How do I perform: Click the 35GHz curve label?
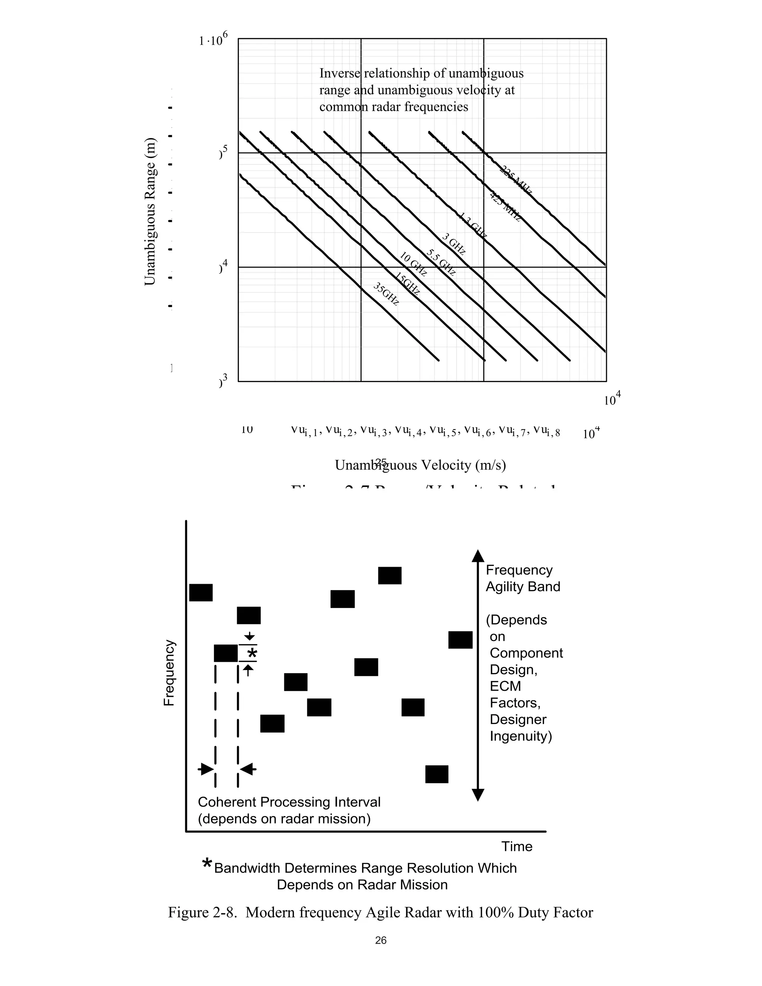(x=387, y=294)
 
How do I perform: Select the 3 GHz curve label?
(x=453, y=244)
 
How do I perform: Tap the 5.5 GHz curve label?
(x=441, y=262)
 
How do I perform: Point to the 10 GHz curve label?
(x=413, y=265)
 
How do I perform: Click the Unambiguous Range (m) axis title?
(x=150, y=211)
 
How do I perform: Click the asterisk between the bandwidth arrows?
(x=252, y=653)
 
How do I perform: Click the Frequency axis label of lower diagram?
(x=169, y=673)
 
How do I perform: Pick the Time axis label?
(x=517, y=846)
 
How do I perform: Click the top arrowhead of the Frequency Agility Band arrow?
(x=478, y=556)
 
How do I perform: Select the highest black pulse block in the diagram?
(x=390, y=575)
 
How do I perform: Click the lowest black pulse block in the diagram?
(x=436, y=774)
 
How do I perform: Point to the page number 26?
(x=381, y=940)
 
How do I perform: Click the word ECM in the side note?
(x=505, y=686)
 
